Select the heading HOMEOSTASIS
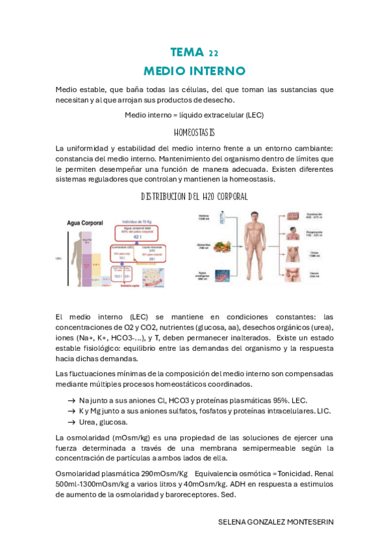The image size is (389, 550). click(194, 132)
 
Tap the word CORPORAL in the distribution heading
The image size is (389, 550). click(226, 196)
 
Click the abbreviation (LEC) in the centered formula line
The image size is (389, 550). click(251, 115)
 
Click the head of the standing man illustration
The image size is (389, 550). click(250, 217)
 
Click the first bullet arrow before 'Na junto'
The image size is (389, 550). click(71, 401)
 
